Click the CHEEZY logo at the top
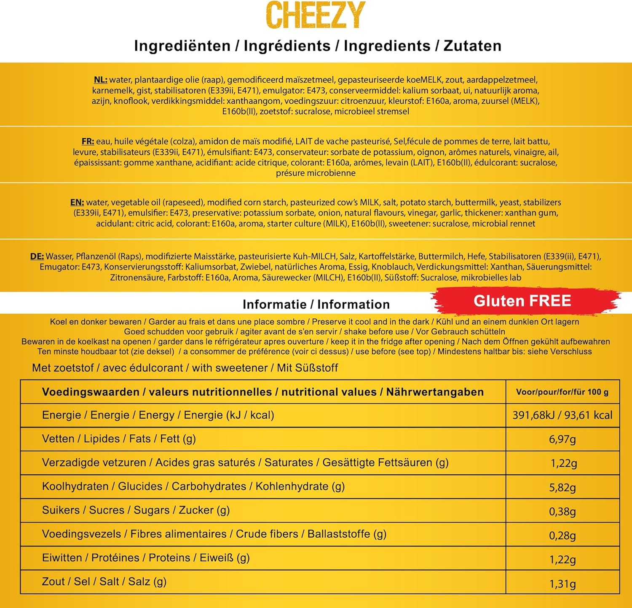click(316, 15)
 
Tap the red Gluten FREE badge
click(522, 301)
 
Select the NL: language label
click(100, 80)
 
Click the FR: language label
click(88, 141)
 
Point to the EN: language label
click(77, 202)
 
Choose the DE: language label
click(37, 256)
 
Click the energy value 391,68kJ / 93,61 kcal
click(562, 415)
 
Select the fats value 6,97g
click(562, 439)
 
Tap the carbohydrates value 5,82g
click(562, 487)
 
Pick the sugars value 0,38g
click(562, 511)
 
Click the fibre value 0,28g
click(562, 535)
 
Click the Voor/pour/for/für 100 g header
click(562, 392)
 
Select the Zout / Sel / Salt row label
click(104, 581)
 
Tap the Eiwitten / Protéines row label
click(146, 558)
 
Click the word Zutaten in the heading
click(472, 46)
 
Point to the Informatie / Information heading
click(316, 304)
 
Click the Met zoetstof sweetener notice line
click(185, 368)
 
